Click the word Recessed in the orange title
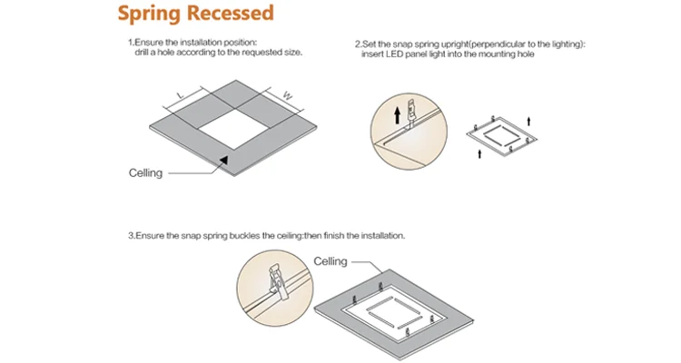click(x=232, y=14)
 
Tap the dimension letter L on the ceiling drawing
click(x=180, y=93)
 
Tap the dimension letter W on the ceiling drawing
click(x=287, y=93)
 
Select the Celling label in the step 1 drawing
click(x=146, y=172)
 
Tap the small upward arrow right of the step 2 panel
click(x=529, y=118)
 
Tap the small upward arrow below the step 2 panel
click(x=479, y=155)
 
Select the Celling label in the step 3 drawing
click(x=331, y=261)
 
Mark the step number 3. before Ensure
click(x=131, y=236)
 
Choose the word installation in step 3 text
click(x=382, y=236)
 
